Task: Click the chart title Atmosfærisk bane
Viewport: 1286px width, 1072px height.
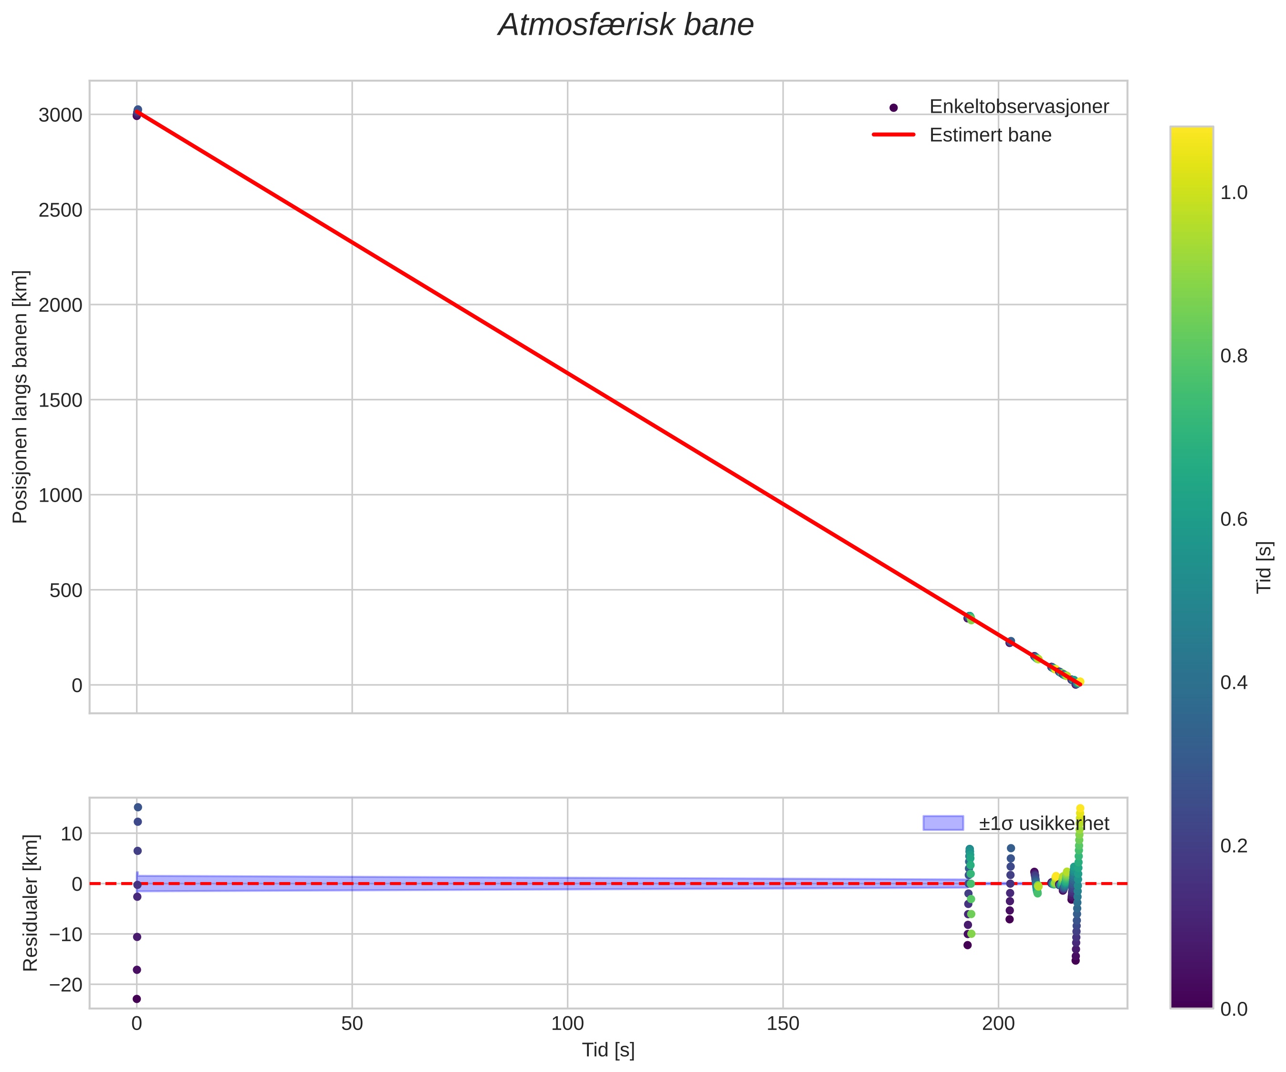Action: tap(625, 26)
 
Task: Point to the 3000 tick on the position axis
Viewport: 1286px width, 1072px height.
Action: tap(60, 115)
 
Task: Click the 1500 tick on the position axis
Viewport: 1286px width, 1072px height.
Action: tap(60, 400)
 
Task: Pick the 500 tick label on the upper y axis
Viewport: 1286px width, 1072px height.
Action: tap(65, 590)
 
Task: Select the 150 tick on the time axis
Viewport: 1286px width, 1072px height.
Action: tap(783, 1024)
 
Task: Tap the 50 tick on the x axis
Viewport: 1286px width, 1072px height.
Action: tap(352, 1024)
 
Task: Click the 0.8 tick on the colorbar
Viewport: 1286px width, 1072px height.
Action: tap(1234, 356)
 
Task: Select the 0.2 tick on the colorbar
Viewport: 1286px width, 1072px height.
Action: tap(1234, 846)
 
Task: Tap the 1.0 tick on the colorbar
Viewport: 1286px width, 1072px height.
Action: tap(1234, 193)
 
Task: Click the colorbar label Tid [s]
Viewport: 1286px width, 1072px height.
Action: tap(1265, 567)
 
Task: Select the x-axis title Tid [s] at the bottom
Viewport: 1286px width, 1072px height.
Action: tap(608, 1050)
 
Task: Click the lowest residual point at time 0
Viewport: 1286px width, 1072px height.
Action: tap(136, 999)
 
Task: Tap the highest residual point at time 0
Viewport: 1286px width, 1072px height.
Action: tap(138, 808)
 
